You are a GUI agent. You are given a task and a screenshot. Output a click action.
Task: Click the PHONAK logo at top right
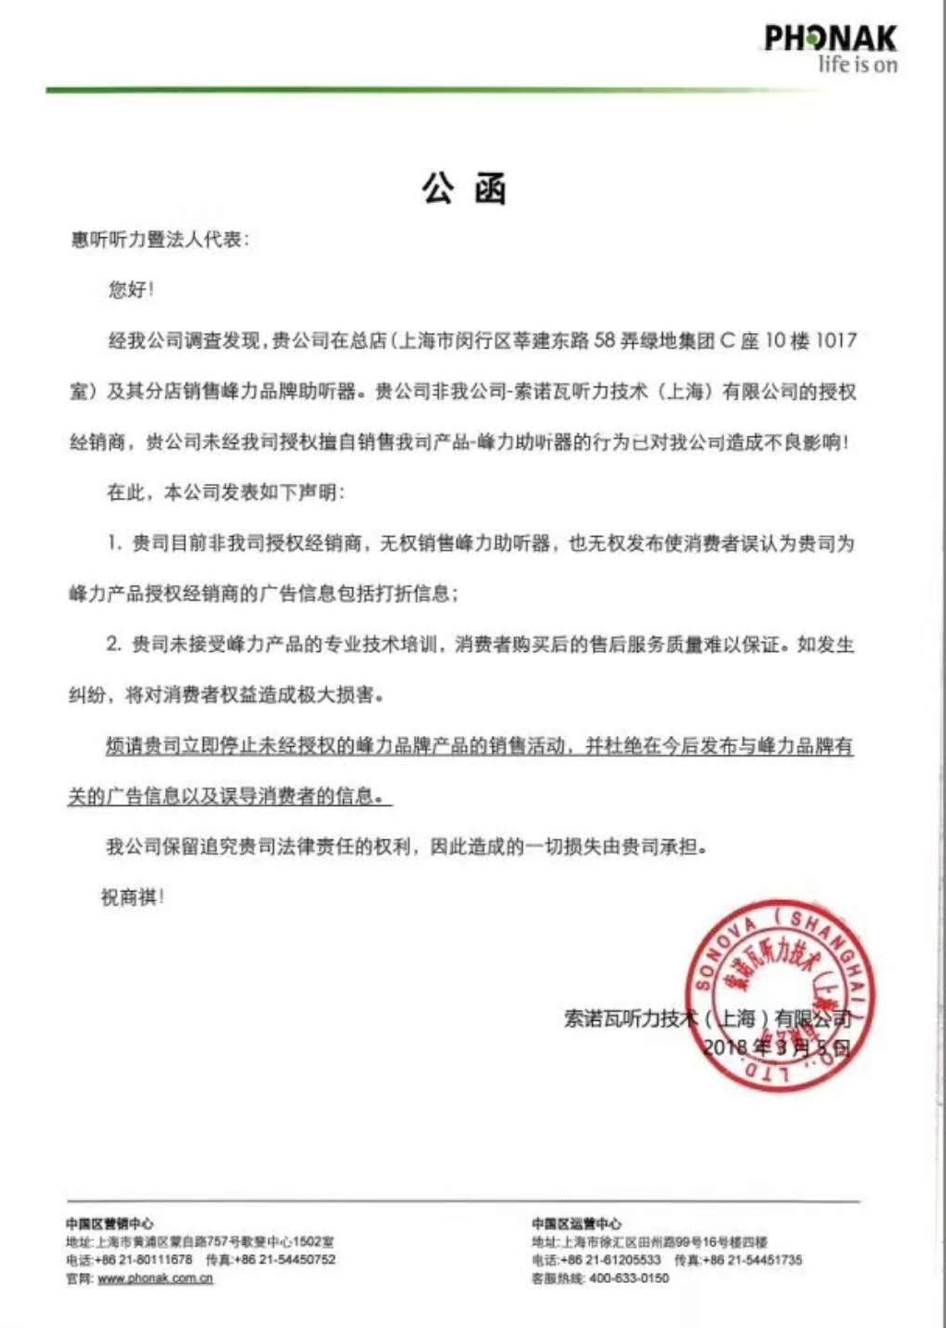click(830, 39)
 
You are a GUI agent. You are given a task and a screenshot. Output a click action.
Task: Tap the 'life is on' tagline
click(857, 65)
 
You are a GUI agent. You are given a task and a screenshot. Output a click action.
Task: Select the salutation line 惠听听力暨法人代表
click(159, 240)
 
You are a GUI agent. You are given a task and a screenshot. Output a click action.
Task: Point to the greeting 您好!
click(131, 290)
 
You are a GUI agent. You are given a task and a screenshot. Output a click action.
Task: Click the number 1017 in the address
click(836, 340)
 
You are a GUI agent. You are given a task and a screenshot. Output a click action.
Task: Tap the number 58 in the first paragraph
click(605, 340)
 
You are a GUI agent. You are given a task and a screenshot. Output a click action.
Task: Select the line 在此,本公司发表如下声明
click(225, 492)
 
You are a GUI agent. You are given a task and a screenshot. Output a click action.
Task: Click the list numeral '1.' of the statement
click(114, 543)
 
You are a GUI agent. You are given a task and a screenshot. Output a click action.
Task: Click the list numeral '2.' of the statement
click(114, 644)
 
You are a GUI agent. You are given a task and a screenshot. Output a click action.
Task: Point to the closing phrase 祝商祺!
click(133, 896)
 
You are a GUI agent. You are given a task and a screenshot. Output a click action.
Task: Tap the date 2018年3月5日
click(776, 1047)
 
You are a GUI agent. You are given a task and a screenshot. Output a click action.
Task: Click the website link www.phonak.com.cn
click(155, 1278)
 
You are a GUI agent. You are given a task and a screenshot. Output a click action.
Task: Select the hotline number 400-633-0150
click(629, 1278)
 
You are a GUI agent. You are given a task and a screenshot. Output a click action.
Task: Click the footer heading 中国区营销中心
click(110, 1224)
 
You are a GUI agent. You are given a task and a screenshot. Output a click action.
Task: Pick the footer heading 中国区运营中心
click(576, 1224)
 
